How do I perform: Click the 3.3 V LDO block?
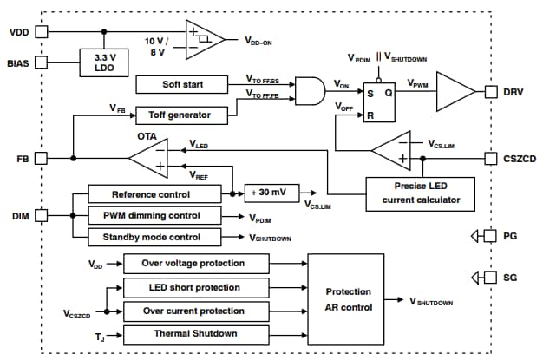pyautogui.click(x=105, y=63)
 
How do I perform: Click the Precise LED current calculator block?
pyautogui.click(x=420, y=193)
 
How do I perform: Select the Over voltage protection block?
pyautogui.click(x=192, y=263)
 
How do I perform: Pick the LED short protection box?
pyautogui.click(x=192, y=286)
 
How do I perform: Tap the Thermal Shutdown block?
pyautogui.click(x=192, y=333)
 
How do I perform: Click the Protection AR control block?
pyautogui.click(x=347, y=299)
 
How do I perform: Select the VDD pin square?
pyautogui.click(x=43, y=32)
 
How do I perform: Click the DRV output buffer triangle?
pyautogui.click(x=455, y=90)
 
